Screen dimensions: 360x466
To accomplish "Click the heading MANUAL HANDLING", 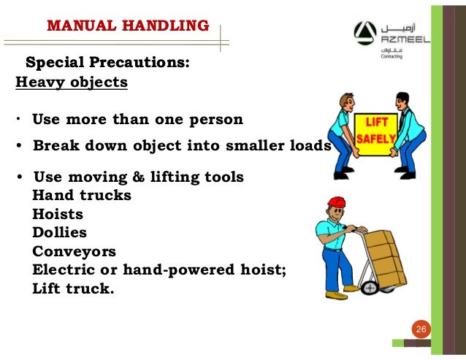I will tap(128, 26).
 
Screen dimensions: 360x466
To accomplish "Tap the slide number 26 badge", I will tap(420, 330).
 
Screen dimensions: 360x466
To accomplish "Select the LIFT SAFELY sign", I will tap(376, 129).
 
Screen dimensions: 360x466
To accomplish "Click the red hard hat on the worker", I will tap(336, 203).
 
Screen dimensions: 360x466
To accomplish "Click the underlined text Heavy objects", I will tap(72, 82).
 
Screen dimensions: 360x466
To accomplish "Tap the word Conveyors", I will tap(74, 251).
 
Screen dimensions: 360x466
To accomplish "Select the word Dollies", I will tap(60, 233).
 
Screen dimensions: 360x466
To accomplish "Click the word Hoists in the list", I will tap(58, 215).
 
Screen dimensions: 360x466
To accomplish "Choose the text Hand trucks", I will tap(82, 196).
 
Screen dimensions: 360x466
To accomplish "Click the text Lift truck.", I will tap(74, 288).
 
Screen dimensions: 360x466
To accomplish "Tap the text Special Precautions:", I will tap(107, 63).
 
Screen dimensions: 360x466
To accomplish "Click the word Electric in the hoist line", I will tap(66, 269).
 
